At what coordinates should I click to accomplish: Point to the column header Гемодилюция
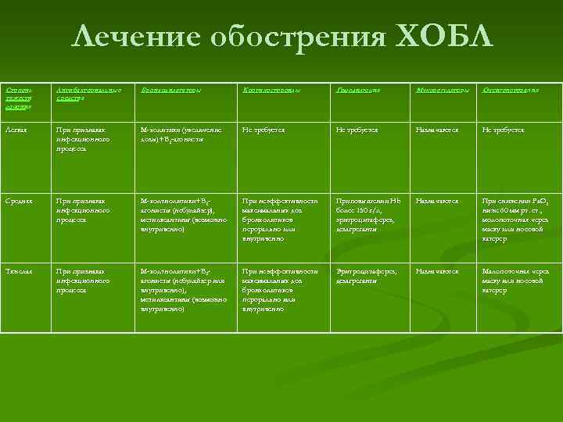(x=358, y=91)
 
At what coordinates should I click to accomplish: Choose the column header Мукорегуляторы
(x=443, y=91)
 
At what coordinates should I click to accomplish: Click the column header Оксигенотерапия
(x=511, y=91)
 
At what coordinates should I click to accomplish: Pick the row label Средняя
(x=19, y=201)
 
